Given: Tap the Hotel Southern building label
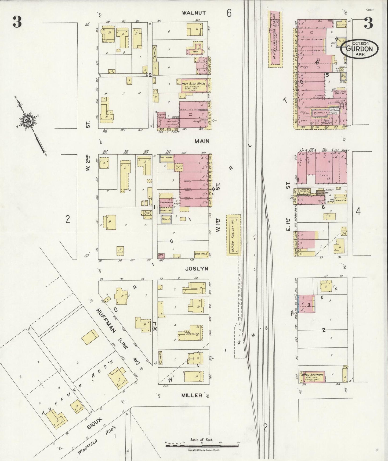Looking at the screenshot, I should point(312,375).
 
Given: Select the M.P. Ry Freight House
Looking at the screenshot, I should point(233,235).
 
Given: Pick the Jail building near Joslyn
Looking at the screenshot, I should point(161,256).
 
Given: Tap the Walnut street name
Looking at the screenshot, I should point(194,13).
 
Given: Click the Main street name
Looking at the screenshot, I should point(202,141).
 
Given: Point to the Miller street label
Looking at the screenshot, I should point(191,395).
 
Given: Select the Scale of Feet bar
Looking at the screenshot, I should point(201,446).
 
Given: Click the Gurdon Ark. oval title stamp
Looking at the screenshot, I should point(359,48).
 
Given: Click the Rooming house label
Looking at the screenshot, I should point(193,334).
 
